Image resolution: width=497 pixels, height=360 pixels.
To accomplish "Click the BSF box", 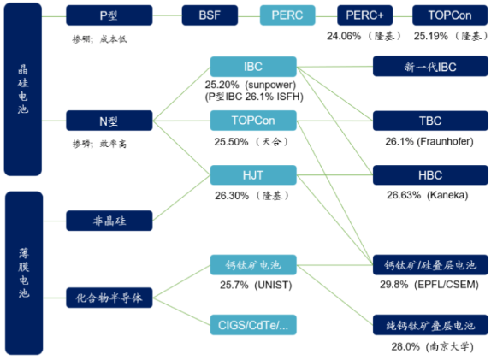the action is tap(210, 15).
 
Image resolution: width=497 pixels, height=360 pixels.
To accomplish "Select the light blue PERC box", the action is tap(287, 15).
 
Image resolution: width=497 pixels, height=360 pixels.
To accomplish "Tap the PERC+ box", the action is tap(364, 15).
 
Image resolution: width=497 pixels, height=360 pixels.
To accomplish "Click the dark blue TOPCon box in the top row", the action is tap(450, 15).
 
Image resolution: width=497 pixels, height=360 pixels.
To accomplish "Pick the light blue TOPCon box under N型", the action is tap(253, 121).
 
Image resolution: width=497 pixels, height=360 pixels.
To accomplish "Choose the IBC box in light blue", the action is tap(253, 67).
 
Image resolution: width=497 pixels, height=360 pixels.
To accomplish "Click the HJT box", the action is tap(253, 175).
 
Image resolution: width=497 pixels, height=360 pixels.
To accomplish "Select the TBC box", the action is tap(430, 121).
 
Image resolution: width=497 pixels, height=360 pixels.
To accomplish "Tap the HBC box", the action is tap(430, 175).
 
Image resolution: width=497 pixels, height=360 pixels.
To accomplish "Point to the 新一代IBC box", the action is tap(430, 66).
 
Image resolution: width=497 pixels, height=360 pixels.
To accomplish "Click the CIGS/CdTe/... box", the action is tap(253, 325).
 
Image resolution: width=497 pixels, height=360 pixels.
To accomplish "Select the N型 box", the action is tap(109, 121).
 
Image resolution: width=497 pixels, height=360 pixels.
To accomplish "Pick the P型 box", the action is tap(109, 15).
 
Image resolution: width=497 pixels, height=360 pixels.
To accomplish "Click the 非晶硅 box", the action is tap(109, 221).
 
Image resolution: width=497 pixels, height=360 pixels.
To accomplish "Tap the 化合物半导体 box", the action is tap(109, 298).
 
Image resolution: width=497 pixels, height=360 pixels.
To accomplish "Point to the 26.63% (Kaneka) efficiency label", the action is tap(427, 195).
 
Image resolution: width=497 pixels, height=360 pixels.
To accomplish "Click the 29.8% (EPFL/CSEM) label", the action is tap(429, 285).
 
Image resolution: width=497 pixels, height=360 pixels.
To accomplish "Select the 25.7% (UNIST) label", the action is tap(256, 285).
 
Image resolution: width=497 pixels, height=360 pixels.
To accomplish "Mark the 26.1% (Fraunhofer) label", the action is tap(429, 141).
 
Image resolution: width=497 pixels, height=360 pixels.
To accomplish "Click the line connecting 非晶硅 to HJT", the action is tap(181, 198).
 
